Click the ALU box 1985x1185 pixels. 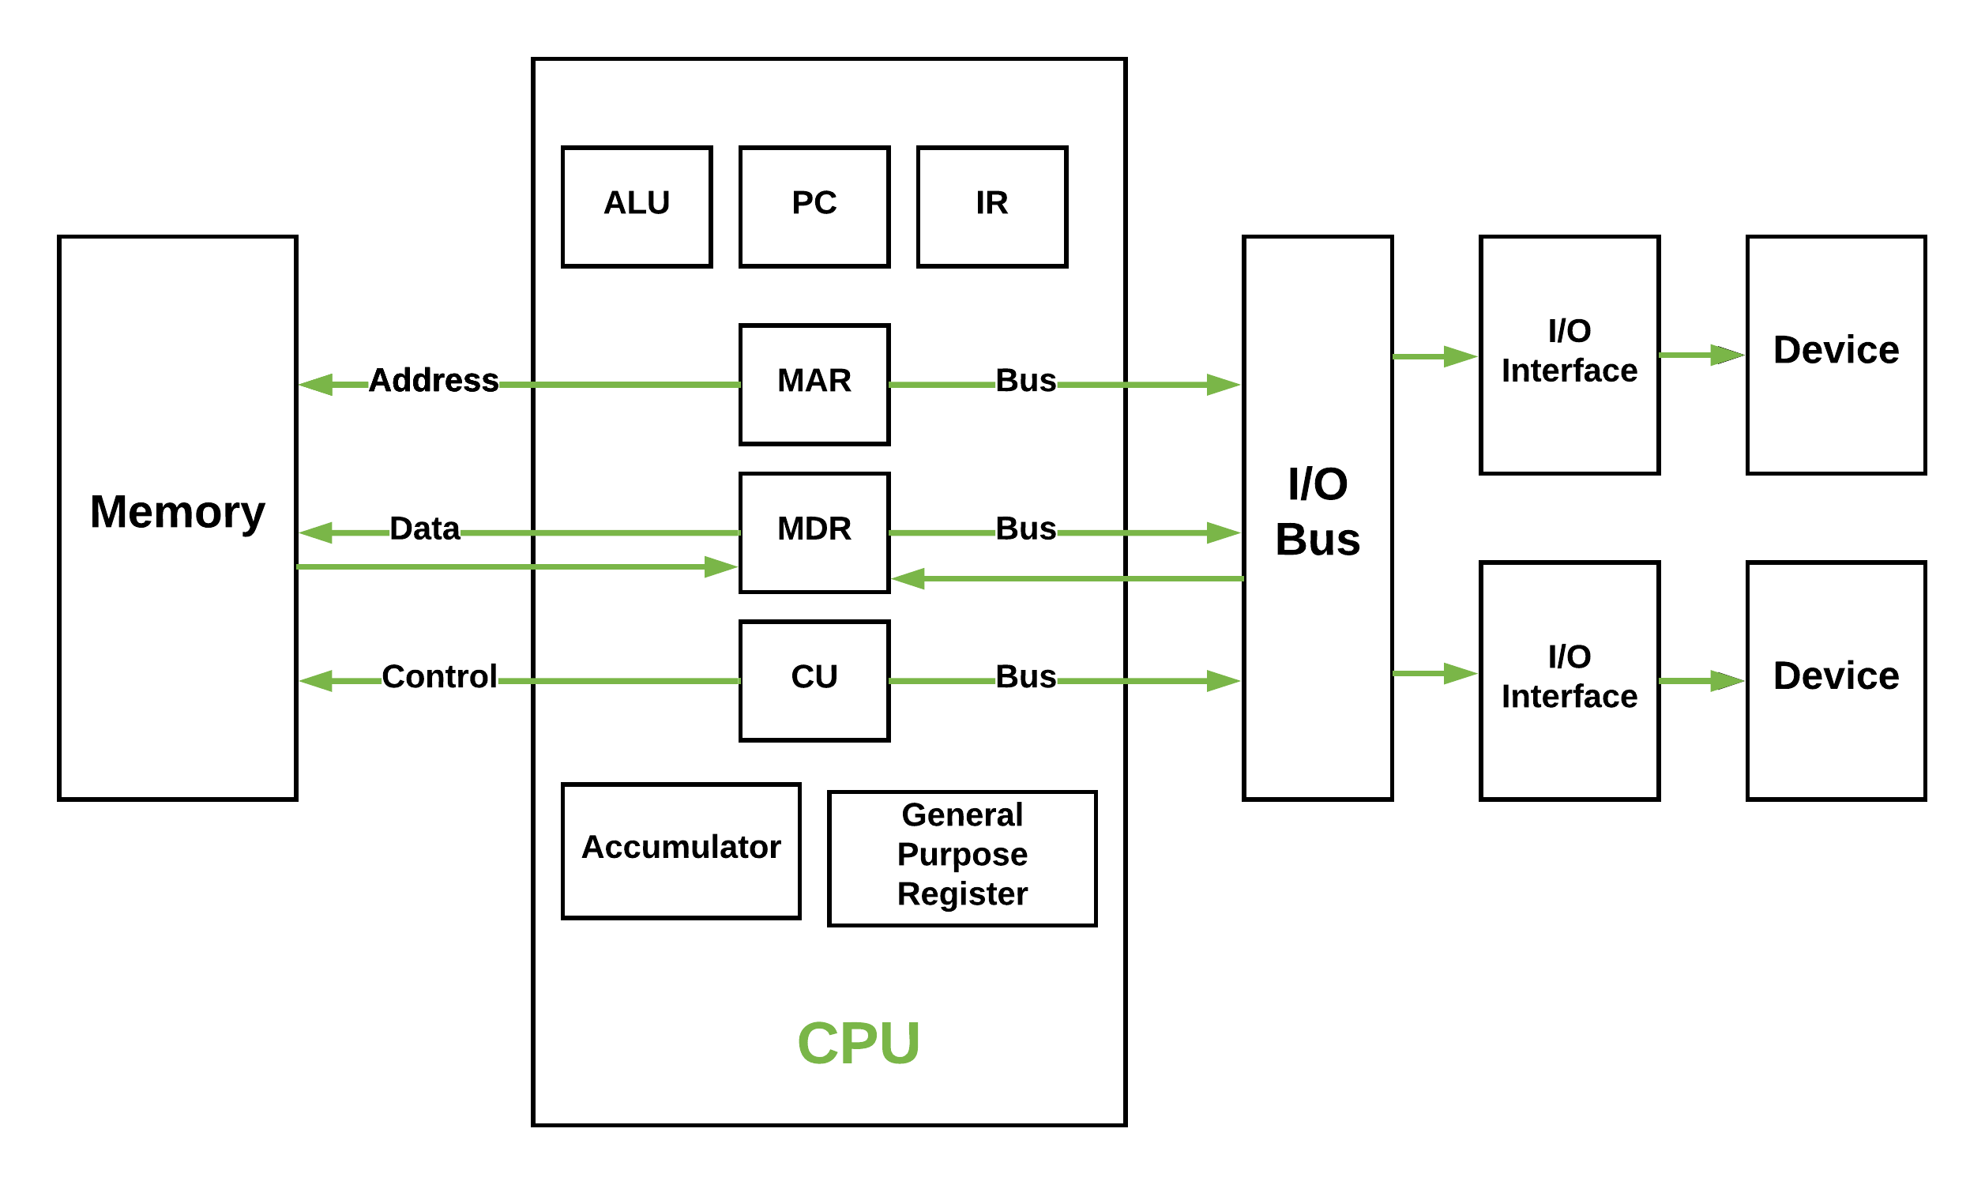coord(637,206)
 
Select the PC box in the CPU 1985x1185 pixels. coord(814,206)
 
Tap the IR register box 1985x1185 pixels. coord(992,206)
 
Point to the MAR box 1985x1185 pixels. coord(814,384)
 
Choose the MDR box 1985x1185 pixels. coord(814,532)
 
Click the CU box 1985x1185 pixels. coord(814,680)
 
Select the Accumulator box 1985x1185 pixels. coord(681,850)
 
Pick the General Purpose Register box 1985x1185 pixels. coord(963,859)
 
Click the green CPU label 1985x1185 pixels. coord(859,1044)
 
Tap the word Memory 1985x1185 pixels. coord(177,512)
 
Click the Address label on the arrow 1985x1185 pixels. coord(434,380)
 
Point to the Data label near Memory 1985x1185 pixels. coord(425,529)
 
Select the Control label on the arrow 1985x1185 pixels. coord(439,676)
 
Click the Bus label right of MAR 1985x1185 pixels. coord(1025,380)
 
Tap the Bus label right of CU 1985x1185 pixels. coord(1025,676)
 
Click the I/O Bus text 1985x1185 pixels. coord(1318,512)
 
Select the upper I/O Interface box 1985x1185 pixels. coord(1570,355)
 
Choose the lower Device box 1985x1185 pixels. coord(1836,680)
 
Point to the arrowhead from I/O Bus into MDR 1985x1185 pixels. coord(908,578)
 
